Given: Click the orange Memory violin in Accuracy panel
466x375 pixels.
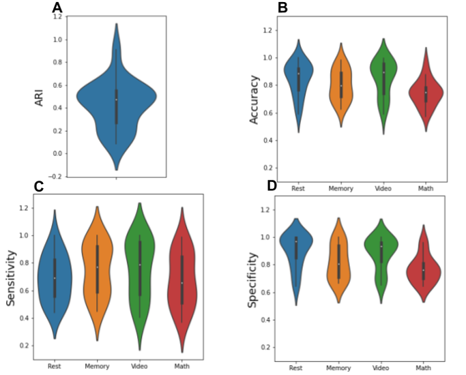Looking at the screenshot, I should point(341,85).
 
